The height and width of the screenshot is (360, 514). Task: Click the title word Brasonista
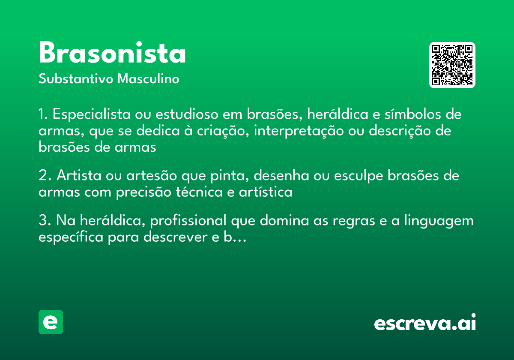112,53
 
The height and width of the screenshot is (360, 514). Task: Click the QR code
452,65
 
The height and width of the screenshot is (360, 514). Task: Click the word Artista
77,176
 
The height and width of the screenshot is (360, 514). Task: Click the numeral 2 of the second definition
43,176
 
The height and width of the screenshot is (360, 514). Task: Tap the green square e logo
51,322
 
